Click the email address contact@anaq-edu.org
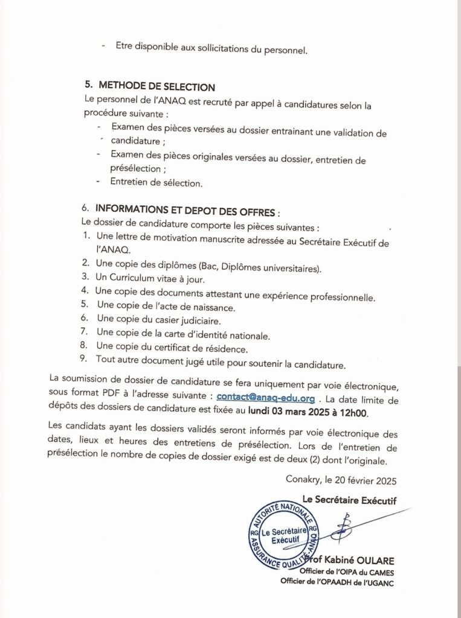(x=266, y=398)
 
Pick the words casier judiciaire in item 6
(x=187, y=320)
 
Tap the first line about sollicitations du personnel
(x=212, y=50)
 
